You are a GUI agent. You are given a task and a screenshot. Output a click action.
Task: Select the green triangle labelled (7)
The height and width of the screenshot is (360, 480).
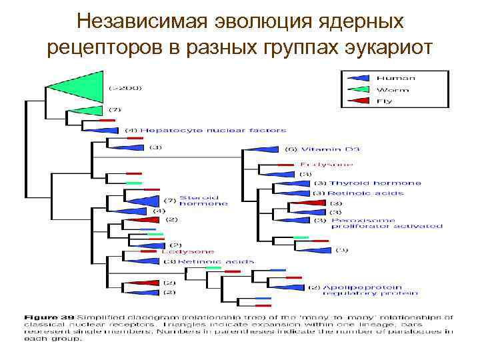tap(87, 109)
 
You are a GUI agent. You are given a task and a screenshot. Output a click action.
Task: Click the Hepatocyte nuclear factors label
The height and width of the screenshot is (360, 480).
tap(213, 130)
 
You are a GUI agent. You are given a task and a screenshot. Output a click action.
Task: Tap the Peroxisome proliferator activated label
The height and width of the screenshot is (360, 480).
tap(387, 223)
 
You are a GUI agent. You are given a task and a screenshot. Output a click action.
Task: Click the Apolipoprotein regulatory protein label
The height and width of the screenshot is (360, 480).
tap(370, 289)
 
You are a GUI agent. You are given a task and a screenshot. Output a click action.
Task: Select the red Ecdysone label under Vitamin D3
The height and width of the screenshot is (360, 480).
tap(327, 165)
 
